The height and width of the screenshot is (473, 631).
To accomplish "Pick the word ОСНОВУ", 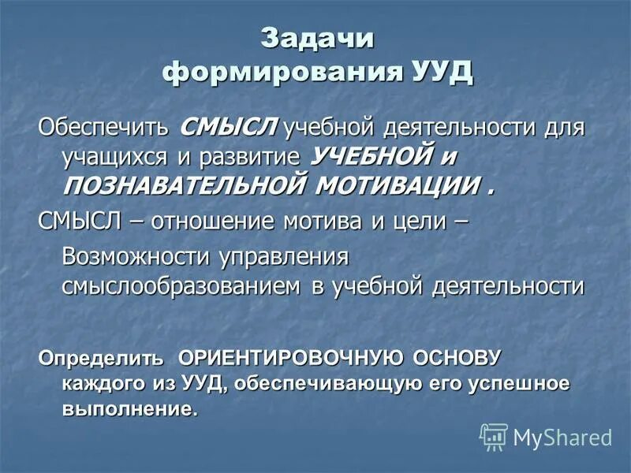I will (x=457, y=358).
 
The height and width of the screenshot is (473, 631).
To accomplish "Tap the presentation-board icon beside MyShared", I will (x=494, y=437).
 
